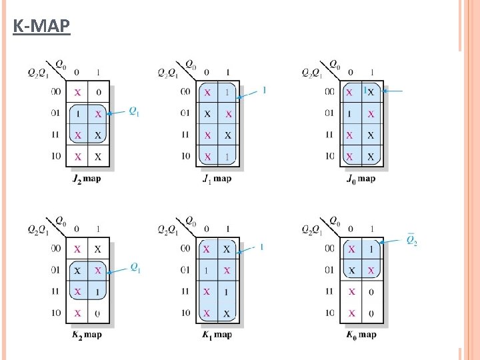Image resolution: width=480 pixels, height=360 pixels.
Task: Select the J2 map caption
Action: [86, 179]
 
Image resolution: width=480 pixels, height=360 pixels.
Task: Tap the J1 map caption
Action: [217, 179]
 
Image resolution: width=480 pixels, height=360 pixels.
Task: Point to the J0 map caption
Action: [361, 179]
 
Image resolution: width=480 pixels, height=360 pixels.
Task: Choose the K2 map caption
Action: [86, 335]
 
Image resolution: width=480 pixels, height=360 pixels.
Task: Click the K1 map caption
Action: [217, 335]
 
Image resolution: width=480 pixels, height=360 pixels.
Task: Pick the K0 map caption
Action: [361, 335]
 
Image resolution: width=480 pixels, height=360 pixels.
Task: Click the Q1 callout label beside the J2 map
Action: [134, 111]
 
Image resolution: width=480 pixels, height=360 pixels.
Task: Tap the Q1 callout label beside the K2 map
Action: [135, 267]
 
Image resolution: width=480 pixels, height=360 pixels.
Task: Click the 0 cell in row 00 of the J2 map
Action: [99, 92]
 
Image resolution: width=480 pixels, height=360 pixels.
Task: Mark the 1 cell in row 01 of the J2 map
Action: [78, 113]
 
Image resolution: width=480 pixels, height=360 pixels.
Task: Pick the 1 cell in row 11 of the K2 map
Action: [99, 291]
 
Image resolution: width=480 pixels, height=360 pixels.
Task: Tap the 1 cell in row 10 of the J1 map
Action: [228, 157]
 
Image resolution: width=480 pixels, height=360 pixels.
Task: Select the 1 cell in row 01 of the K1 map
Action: [207, 270]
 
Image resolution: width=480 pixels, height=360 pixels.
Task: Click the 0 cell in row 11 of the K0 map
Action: [371, 291]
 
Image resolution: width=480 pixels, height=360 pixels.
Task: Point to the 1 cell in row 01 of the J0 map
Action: [350, 113]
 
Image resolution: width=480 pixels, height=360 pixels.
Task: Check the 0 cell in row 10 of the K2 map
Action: [99, 313]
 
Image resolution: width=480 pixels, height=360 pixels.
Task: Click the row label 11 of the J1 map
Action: [185, 135]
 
